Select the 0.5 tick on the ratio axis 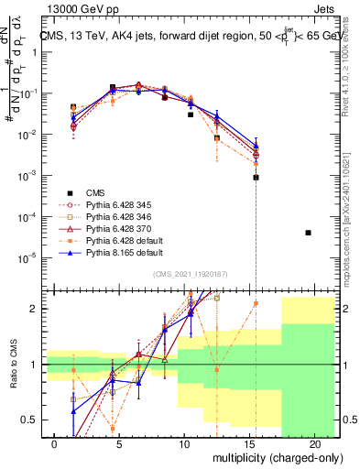(x=31, y=420)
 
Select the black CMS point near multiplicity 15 (x=256, y=178)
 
